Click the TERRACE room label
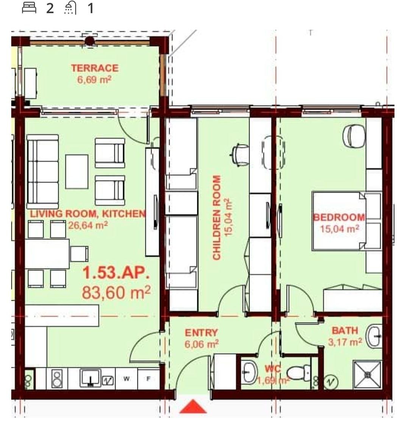(x=95, y=68)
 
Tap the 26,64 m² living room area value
(x=88, y=225)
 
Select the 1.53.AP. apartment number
(x=116, y=272)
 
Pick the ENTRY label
(x=201, y=333)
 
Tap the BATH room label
(x=345, y=331)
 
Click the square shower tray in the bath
(x=368, y=375)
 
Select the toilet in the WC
(x=298, y=373)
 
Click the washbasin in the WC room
(x=250, y=372)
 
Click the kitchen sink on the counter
(x=91, y=378)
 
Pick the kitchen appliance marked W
(x=126, y=379)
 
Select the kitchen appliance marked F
(x=148, y=379)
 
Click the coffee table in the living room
(x=77, y=172)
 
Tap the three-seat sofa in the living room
(x=42, y=172)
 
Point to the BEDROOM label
(x=339, y=217)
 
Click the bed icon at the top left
(x=29, y=8)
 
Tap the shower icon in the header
(x=70, y=8)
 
